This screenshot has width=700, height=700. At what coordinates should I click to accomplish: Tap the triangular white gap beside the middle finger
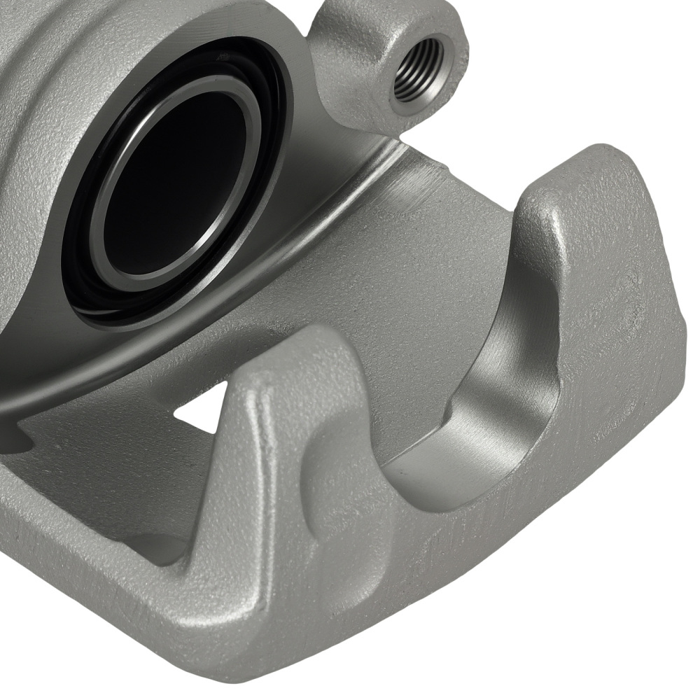tap(203, 409)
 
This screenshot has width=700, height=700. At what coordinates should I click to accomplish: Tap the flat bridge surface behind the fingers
tap(420, 280)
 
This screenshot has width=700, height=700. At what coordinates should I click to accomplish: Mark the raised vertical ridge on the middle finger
tap(262, 448)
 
